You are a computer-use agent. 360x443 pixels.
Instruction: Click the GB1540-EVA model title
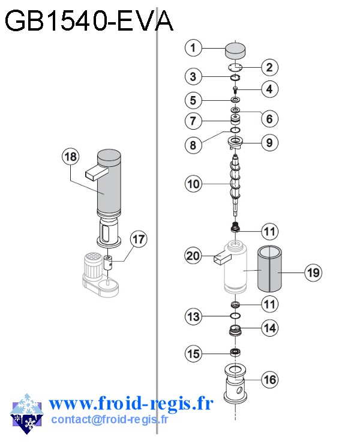89,22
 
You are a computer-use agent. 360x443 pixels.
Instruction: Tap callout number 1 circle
193,47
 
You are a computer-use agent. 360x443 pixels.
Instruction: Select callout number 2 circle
269,67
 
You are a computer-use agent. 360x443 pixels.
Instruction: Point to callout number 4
269,89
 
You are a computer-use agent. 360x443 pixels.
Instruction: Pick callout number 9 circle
269,143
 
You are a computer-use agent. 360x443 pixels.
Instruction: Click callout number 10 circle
193,184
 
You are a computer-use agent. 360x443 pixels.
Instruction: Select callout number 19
312,273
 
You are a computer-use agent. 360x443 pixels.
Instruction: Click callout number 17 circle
139,240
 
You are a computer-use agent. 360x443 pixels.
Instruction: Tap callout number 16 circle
270,379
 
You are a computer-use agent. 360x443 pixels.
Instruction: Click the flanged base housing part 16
236,384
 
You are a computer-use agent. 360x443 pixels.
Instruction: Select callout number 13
193,316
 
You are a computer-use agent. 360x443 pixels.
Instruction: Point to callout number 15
193,354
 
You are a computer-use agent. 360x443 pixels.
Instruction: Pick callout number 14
270,328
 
